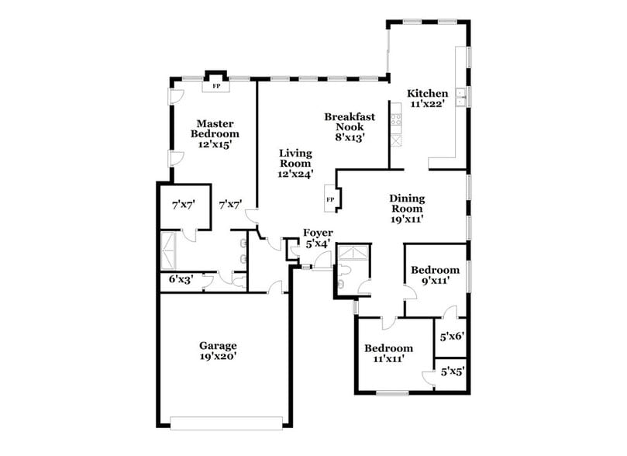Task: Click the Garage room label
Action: click(217, 351)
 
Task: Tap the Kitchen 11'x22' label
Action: click(427, 99)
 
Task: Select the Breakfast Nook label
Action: click(350, 126)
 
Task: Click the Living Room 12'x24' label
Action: click(295, 164)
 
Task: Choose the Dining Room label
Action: click(406, 209)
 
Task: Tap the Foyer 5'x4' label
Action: click(318, 237)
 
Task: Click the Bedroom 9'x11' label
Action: click(435, 275)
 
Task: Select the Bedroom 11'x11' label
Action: click(389, 354)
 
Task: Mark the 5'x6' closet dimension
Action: click(451, 337)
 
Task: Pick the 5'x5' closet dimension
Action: click(451, 372)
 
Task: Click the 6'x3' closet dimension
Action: click(181, 279)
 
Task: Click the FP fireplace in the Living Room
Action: click(330, 199)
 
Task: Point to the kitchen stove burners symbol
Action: click(396, 119)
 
